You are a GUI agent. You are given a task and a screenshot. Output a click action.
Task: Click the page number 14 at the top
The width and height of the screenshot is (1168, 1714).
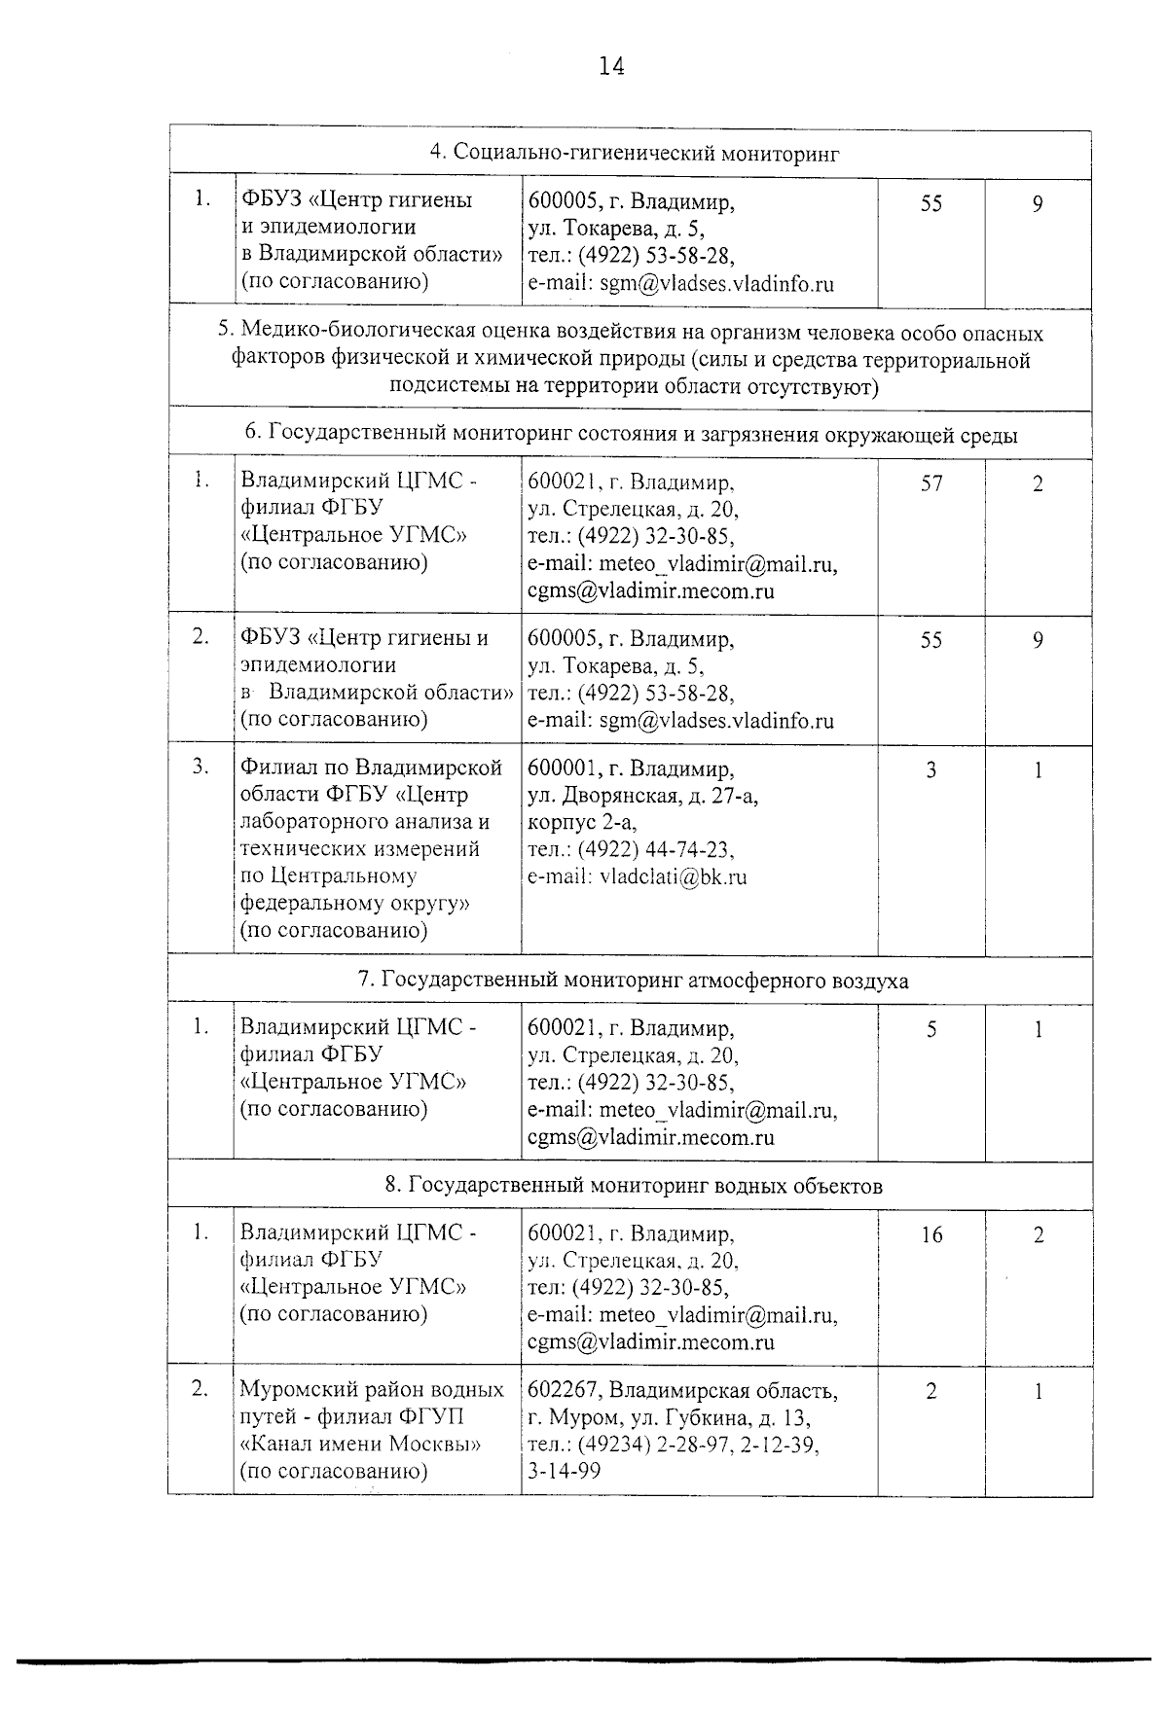[611, 66]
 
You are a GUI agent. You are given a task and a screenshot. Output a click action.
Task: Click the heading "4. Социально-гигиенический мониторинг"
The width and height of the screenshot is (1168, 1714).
[635, 154]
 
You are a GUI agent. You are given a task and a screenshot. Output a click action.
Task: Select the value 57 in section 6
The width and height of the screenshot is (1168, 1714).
[931, 482]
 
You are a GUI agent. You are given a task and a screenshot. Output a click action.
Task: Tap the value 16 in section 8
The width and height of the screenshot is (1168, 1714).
[931, 1234]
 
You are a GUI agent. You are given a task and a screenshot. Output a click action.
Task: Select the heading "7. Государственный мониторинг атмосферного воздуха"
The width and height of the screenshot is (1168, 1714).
[634, 980]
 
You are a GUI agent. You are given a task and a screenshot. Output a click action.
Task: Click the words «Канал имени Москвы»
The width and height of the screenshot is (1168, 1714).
[360, 1444]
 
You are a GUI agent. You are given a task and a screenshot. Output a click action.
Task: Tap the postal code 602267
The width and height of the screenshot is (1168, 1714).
[560, 1390]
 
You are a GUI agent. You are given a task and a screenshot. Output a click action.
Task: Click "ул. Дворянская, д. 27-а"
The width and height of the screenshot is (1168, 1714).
[642, 796]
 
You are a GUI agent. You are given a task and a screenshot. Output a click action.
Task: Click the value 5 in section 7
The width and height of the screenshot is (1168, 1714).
[931, 1028]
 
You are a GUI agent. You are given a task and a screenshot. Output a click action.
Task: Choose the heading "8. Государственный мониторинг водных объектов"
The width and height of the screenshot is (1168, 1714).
[634, 1185]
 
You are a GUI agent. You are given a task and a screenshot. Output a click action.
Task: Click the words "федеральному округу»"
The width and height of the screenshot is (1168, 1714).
[355, 903]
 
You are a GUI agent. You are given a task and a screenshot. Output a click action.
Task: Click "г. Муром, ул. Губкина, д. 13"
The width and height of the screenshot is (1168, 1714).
[669, 1417]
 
